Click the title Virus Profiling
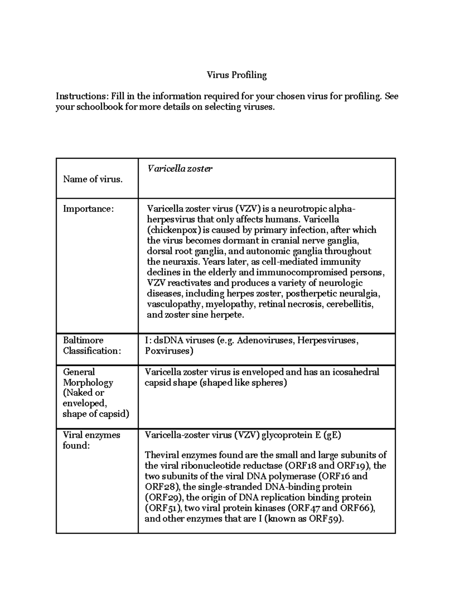click(x=237, y=75)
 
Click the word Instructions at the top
click(x=80, y=96)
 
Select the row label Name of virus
click(x=93, y=179)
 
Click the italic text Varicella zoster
click(x=180, y=169)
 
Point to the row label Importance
click(x=88, y=209)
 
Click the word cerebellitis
click(x=350, y=304)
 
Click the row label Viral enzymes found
click(x=91, y=440)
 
